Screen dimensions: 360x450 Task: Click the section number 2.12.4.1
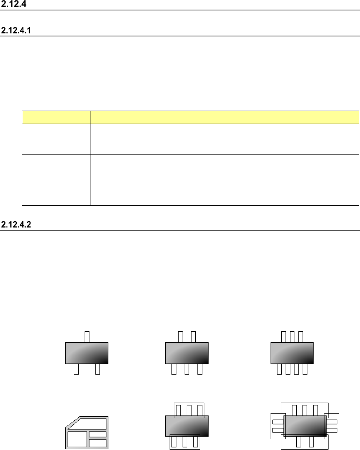tap(16, 30)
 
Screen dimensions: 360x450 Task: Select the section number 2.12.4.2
tap(16, 225)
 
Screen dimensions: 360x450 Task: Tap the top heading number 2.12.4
tap(14, 4)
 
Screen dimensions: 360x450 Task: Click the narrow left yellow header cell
tap(56, 117)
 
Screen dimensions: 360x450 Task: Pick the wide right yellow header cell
tap(225, 117)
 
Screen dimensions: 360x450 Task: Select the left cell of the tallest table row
tap(56, 180)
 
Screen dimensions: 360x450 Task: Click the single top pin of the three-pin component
tap(87, 337)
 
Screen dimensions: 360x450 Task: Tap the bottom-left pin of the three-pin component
tap(76, 369)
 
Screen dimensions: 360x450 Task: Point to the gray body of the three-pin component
tap(87, 353)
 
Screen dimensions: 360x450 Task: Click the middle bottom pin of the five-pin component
tap(187, 369)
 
